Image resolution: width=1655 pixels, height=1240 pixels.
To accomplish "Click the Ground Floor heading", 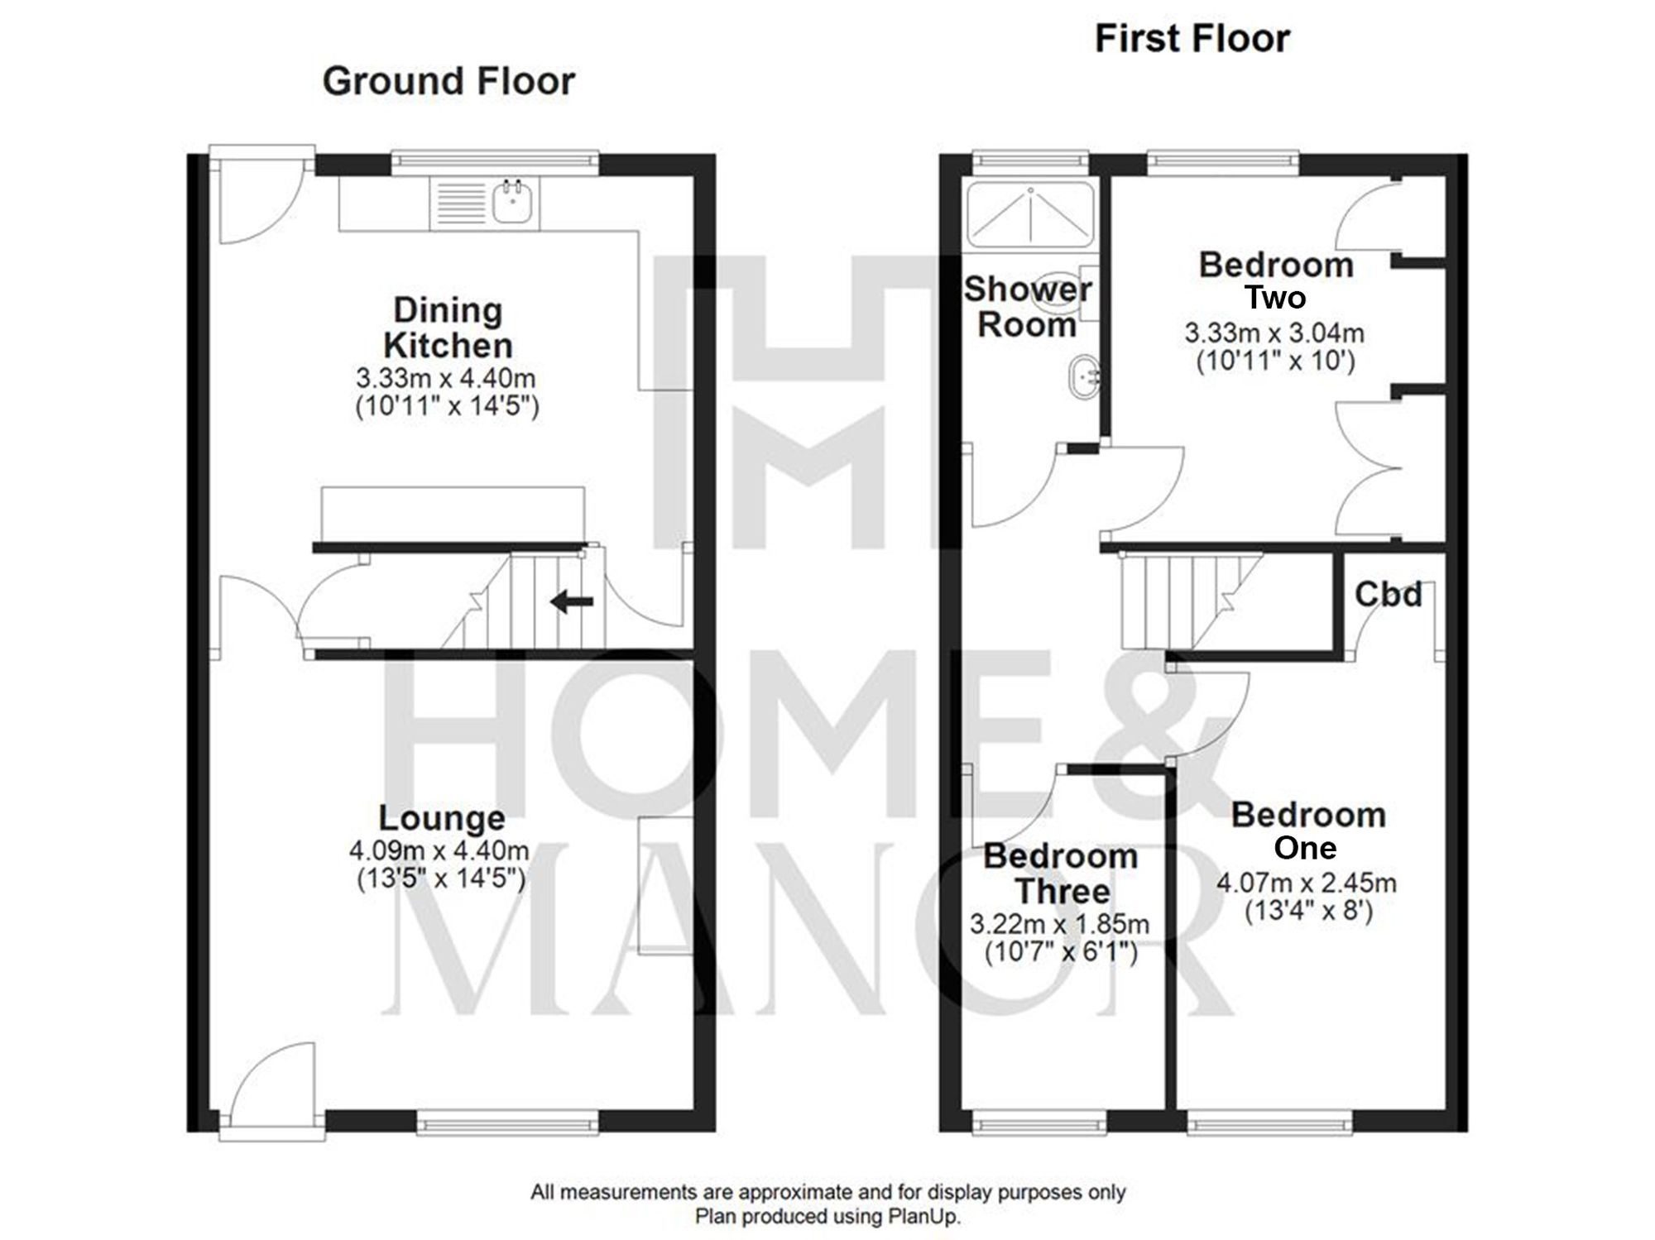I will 448,81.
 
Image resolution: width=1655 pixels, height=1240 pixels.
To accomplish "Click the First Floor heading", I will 1192,39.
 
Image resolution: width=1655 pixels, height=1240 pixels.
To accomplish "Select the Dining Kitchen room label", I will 448,328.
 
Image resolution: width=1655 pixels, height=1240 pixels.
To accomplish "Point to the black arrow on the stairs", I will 572,601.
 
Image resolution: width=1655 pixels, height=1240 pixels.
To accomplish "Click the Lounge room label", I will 442,817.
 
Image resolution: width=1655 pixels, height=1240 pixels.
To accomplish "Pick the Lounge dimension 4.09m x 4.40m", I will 439,850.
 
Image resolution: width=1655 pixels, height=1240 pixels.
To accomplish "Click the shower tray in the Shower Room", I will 1030,215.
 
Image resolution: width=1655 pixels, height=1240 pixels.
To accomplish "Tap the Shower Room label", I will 1027,306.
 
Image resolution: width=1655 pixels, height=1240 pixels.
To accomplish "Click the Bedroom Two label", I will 1275,280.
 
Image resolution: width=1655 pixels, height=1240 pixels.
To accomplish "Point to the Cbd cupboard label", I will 1388,594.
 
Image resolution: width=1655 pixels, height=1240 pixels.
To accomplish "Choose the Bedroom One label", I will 1307,831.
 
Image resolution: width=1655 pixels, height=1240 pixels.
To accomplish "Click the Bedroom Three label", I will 1061,874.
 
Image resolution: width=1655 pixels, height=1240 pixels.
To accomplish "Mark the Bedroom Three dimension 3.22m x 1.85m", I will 1059,924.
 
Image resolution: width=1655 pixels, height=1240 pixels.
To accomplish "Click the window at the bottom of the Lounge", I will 507,1123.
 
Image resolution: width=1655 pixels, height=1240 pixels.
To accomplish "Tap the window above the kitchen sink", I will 495,163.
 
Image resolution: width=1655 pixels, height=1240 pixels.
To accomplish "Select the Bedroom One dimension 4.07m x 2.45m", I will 1306,883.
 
